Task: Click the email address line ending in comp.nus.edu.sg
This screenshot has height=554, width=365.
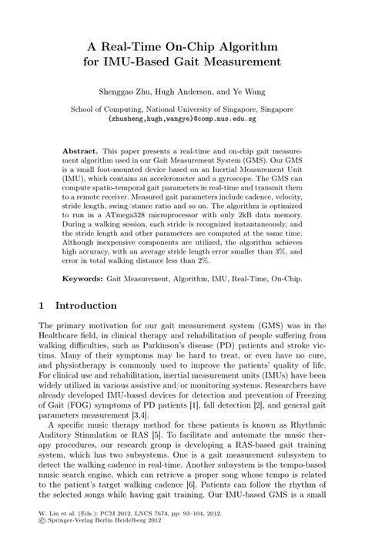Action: pyautogui.click(x=182, y=121)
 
